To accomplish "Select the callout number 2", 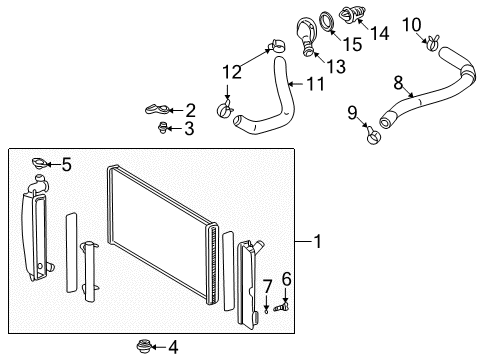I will (190, 110).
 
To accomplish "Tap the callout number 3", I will (190, 128).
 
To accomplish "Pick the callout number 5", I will (66, 165).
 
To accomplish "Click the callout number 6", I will (287, 279).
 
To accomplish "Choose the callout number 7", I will (267, 287).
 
